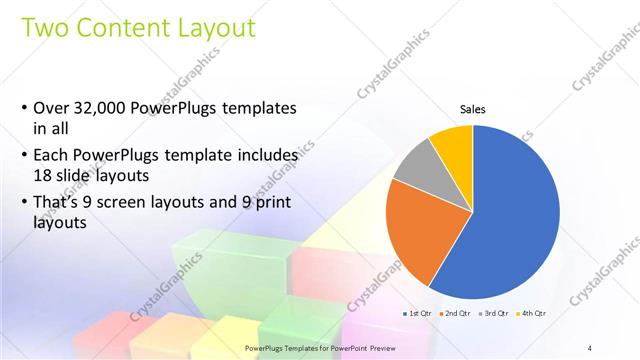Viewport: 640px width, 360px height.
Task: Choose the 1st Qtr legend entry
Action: [x=419, y=314]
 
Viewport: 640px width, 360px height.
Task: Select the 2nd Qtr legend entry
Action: [x=458, y=314]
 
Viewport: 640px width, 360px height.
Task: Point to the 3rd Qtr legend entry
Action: [x=496, y=314]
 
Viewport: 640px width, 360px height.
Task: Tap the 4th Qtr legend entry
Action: [x=533, y=314]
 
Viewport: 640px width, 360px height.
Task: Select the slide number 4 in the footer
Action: [x=590, y=347]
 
